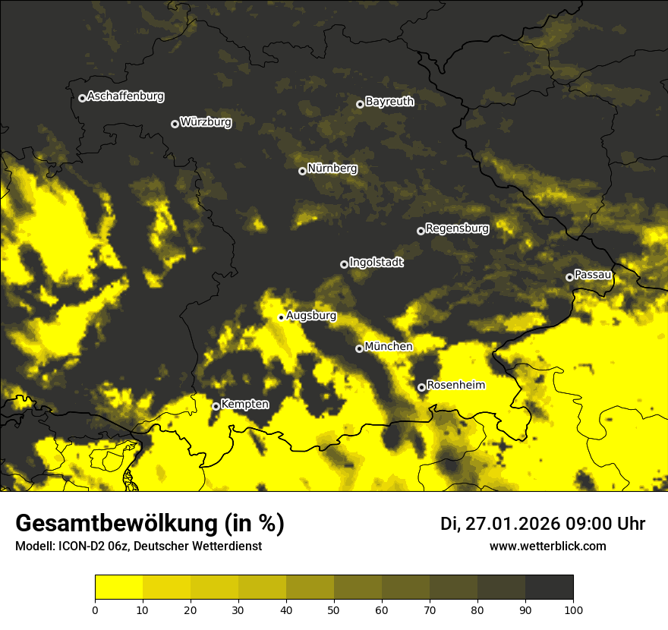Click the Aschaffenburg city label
(x=125, y=96)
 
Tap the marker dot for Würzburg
(x=175, y=124)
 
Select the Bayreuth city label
(x=389, y=102)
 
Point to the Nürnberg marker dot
(x=302, y=171)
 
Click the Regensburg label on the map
(x=457, y=228)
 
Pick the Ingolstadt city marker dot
(x=344, y=264)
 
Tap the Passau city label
(x=593, y=275)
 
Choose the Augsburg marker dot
(x=281, y=317)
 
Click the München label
(x=389, y=347)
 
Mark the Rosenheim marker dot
(x=421, y=387)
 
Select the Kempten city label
(x=244, y=405)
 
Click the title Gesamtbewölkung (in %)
(x=150, y=524)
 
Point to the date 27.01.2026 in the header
(x=512, y=524)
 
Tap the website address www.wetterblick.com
(x=547, y=546)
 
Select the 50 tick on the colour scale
(x=334, y=609)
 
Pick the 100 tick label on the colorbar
(x=573, y=609)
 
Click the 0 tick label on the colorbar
(x=95, y=609)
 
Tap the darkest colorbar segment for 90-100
(x=549, y=587)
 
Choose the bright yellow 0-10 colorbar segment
(x=118, y=587)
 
